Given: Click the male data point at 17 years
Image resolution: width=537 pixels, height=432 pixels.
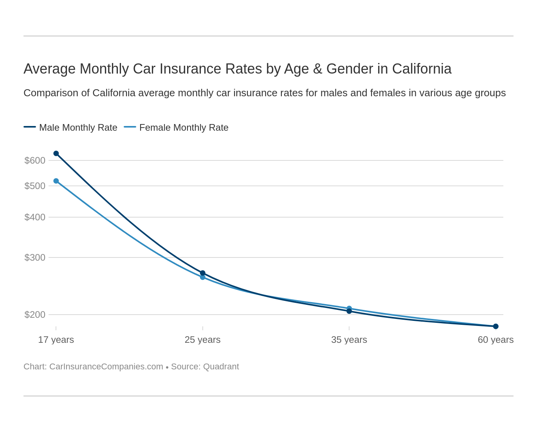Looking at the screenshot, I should coord(56,153).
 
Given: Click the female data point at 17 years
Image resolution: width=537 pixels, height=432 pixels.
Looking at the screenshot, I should coord(56,181).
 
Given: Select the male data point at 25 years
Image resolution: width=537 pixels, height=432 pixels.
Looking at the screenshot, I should coord(203,273).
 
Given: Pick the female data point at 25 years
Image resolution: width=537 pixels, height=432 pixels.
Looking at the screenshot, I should coord(203,277).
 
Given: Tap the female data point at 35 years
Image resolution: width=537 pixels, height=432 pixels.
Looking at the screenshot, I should coord(349,308).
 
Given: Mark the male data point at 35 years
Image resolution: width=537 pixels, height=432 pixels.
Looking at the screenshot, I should coord(349,311).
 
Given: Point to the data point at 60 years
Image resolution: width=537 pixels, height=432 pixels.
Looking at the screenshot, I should coord(496,326).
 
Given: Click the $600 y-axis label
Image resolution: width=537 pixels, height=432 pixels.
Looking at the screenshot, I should coord(35,160).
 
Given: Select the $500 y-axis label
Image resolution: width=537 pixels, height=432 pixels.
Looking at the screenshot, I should coord(35,186).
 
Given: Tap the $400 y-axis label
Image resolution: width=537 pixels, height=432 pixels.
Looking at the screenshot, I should coord(35,217).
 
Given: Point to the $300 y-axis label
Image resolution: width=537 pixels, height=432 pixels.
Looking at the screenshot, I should coord(35,257).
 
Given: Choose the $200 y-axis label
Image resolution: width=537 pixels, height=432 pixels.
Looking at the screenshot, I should coord(35,315).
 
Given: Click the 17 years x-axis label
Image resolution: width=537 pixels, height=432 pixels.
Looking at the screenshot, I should coord(56,340).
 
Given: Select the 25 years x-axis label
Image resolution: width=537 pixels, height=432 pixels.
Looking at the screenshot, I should coord(203,340).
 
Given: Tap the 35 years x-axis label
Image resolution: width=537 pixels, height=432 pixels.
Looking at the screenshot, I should coord(349,340).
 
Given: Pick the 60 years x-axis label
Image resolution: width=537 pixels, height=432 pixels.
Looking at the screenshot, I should coord(496,340).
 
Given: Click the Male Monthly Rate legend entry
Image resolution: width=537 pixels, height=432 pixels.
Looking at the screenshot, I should coord(78,128).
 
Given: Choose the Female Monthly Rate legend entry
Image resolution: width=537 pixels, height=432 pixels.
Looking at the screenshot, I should coord(184,128).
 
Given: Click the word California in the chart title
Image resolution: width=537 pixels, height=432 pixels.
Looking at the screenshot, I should coord(422,69).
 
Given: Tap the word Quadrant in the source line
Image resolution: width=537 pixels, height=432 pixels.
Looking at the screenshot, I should coord(221,367).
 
